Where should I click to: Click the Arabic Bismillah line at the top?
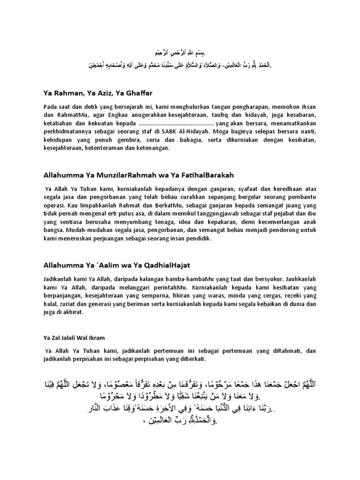tap(180, 53)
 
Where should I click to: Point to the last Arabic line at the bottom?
tap(180, 420)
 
